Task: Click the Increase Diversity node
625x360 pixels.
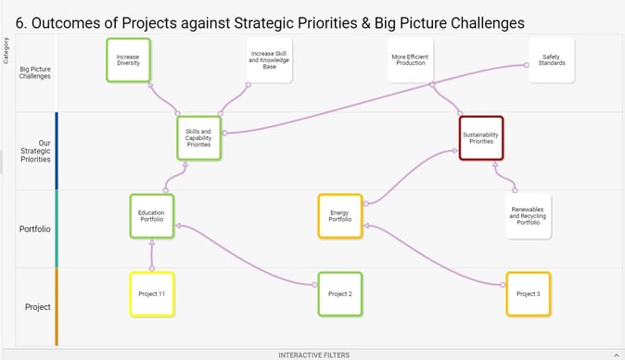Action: pos(128,61)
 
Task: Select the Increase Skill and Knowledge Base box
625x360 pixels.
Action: pos(269,61)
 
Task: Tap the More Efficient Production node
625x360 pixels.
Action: pos(409,61)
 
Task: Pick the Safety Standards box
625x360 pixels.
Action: pos(551,61)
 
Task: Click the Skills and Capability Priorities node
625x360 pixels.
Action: pos(198,138)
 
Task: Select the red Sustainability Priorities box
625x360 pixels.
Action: pos(480,138)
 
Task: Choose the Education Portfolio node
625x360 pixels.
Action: pos(151,216)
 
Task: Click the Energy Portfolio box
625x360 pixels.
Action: pos(339,216)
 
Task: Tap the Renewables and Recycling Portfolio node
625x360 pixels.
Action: pos(528,217)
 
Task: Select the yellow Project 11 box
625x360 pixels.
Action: pos(151,293)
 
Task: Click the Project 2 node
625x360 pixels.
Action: pos(339,293)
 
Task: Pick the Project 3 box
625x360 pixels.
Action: pos(528,293)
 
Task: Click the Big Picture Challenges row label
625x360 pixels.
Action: pos(35,72)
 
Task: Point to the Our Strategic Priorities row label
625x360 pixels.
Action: pos(35,150)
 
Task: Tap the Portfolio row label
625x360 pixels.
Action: pos(35,228)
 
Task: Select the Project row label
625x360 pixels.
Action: pos(37,306)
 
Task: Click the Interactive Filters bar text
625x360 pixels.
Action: pos(312,354)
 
